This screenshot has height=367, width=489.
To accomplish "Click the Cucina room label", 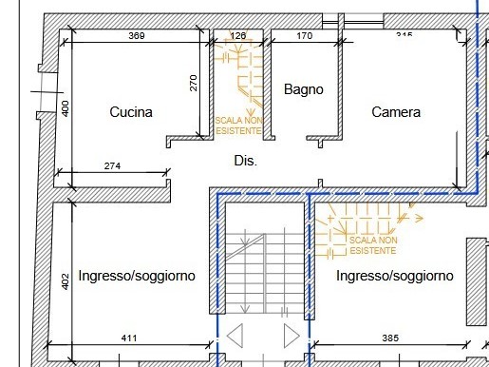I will [131, 112].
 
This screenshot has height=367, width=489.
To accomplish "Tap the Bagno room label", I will [304, 89].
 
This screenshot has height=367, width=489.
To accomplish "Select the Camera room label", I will [396, 112].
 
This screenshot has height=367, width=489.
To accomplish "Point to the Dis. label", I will [246, 162].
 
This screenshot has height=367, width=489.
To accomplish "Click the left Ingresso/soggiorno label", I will [137, 276].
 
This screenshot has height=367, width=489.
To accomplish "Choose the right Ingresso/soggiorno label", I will [395, 276].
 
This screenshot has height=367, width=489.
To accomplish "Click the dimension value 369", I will [137, 36].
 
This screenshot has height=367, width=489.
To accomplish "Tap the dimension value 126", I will [238, 36].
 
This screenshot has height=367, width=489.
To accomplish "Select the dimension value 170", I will [304, 36].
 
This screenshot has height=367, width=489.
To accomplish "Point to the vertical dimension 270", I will [194, 83].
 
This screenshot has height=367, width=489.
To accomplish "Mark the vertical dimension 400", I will [66, 107].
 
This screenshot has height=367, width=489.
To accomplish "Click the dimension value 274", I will [112, 166].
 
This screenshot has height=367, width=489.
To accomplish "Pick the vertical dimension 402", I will [66, 281].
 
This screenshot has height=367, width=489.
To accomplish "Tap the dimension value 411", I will [129, 338].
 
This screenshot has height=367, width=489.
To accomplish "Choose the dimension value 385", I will [391, 338].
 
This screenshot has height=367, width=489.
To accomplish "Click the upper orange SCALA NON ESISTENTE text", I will [237, 126].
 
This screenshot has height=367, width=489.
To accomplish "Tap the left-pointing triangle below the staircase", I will [236, 338].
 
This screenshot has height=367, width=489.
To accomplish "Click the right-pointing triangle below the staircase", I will [292, 338].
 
